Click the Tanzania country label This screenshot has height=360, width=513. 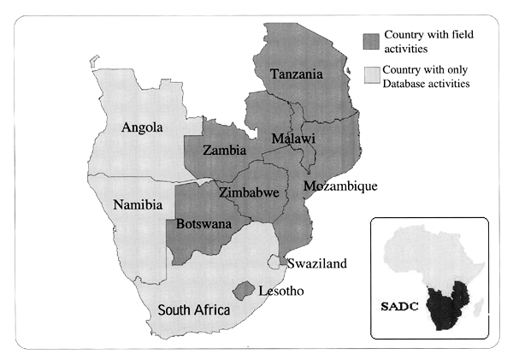(297, 74)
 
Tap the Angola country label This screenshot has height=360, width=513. (144, 128)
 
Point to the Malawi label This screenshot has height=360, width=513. (293, 139)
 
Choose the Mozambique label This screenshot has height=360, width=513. (339, 186)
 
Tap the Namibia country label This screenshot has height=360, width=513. (139, 205)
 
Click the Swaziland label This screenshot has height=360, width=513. (317, 263)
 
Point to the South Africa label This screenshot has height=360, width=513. (193, 310)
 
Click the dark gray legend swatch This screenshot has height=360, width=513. (370, 40)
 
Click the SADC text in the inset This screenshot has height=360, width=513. (393, 305)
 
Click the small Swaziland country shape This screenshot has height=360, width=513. (280, 262)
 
